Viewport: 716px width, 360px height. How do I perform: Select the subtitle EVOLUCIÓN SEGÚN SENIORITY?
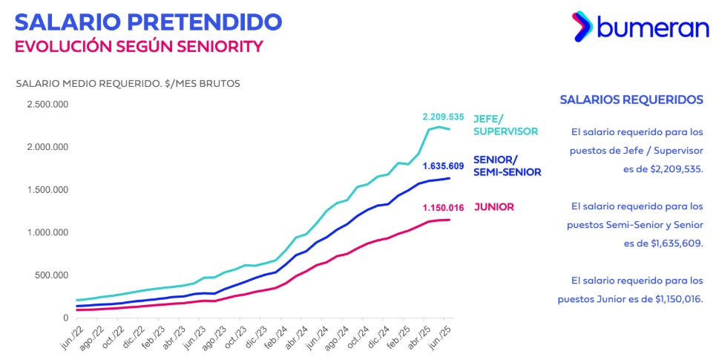[139, 46]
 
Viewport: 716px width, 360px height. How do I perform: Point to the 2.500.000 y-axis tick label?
[48, 104]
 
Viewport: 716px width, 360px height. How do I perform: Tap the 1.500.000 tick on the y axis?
[48, 190]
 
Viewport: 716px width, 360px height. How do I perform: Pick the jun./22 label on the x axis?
[72, 336]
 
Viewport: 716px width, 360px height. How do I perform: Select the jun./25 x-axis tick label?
[443, 336]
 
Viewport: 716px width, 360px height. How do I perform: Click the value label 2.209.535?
[443, 117]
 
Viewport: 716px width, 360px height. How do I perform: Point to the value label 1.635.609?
[443, 166]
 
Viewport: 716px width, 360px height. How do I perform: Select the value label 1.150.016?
[443, 208]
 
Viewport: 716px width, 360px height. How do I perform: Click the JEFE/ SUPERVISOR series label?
[505, 125]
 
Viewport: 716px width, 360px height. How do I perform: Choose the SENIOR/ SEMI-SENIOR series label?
[507, 166]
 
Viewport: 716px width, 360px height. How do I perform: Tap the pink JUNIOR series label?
[493, 207]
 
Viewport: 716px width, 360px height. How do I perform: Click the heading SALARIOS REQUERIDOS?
[631, 99]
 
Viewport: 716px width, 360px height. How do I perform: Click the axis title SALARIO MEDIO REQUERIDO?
[128, 83]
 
